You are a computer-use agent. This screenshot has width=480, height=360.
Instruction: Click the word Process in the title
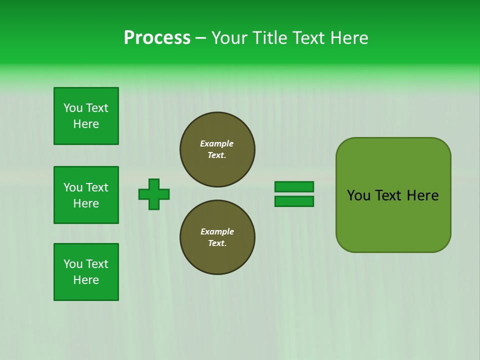[x=157, y=38]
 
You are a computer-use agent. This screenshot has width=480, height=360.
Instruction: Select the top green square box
[x=86, y=116]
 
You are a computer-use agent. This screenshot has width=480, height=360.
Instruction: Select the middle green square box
[x=86, y=195]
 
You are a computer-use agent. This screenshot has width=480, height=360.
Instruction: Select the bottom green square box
[x=86, y=272]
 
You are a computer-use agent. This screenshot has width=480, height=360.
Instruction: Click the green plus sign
[x=154, y=194]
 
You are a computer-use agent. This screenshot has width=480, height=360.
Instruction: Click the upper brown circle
[x=217, y=149]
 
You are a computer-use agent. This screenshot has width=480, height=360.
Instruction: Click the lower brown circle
[x=217, y=237]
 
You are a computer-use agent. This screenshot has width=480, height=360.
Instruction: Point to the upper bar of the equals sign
[x=294, y=186]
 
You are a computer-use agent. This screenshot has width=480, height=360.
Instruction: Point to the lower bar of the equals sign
[x=294, y=201]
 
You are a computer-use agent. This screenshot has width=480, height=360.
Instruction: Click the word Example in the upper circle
[x=217, y=143]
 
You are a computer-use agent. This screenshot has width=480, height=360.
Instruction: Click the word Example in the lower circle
[x=217, y=231]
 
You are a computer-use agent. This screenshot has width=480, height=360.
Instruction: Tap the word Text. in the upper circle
[x=217, y=155]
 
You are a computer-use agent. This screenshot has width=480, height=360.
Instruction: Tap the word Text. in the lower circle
[x=217, y=243]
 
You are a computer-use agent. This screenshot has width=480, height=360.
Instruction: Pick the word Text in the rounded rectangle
[x=389, y=195]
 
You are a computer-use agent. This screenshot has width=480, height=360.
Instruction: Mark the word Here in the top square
[x=86, y=124]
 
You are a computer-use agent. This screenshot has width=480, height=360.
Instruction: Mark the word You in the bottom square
[x=73, y=264]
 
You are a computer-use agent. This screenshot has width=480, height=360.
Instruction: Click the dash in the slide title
[x=200, y=38]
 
